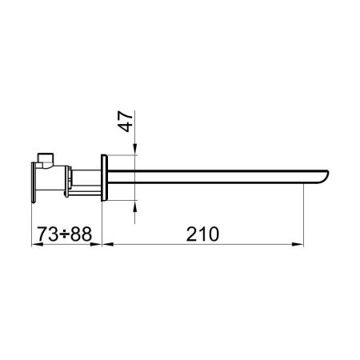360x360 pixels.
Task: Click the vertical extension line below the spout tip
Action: coord(305,216)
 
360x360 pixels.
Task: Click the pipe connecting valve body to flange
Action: coord(84,180)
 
